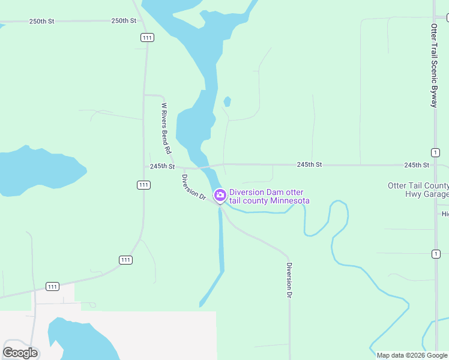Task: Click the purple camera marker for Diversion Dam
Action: [220, 194]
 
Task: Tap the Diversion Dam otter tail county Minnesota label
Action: [270, 196]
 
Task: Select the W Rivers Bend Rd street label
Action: [166, 128]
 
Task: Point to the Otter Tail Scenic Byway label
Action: [434, 65]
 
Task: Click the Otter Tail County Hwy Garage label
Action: [419, 190]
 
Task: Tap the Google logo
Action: [20, 352]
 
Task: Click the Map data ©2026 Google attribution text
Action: [411, 355]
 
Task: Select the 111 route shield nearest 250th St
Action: [147, 37]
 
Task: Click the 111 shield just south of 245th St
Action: [143, 185]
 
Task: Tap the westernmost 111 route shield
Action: [53, 286]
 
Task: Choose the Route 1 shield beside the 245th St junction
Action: [435, 152]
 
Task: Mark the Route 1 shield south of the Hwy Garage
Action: [434, 254]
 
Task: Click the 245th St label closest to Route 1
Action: [417, 165]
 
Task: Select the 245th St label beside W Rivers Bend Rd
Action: [162, 166]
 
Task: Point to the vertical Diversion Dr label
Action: [289, 280]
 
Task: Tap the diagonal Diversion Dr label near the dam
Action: [194, 187]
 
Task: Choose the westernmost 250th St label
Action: [41, 21]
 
